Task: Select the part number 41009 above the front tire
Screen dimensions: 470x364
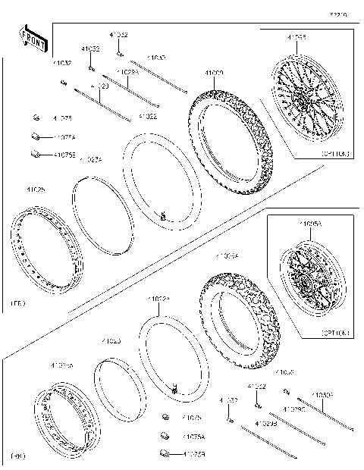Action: (213, 74)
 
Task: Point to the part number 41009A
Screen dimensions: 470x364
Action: (228, 257)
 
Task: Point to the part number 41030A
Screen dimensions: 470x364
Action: (322, 395)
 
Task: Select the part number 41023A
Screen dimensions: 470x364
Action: (91, 159)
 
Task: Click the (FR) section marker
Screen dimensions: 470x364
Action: (17, 303)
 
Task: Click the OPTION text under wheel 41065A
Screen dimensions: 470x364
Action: (335, 332)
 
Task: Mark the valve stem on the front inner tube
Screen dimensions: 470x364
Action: (162, 218)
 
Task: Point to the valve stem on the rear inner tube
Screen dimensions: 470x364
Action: (174, 390)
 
